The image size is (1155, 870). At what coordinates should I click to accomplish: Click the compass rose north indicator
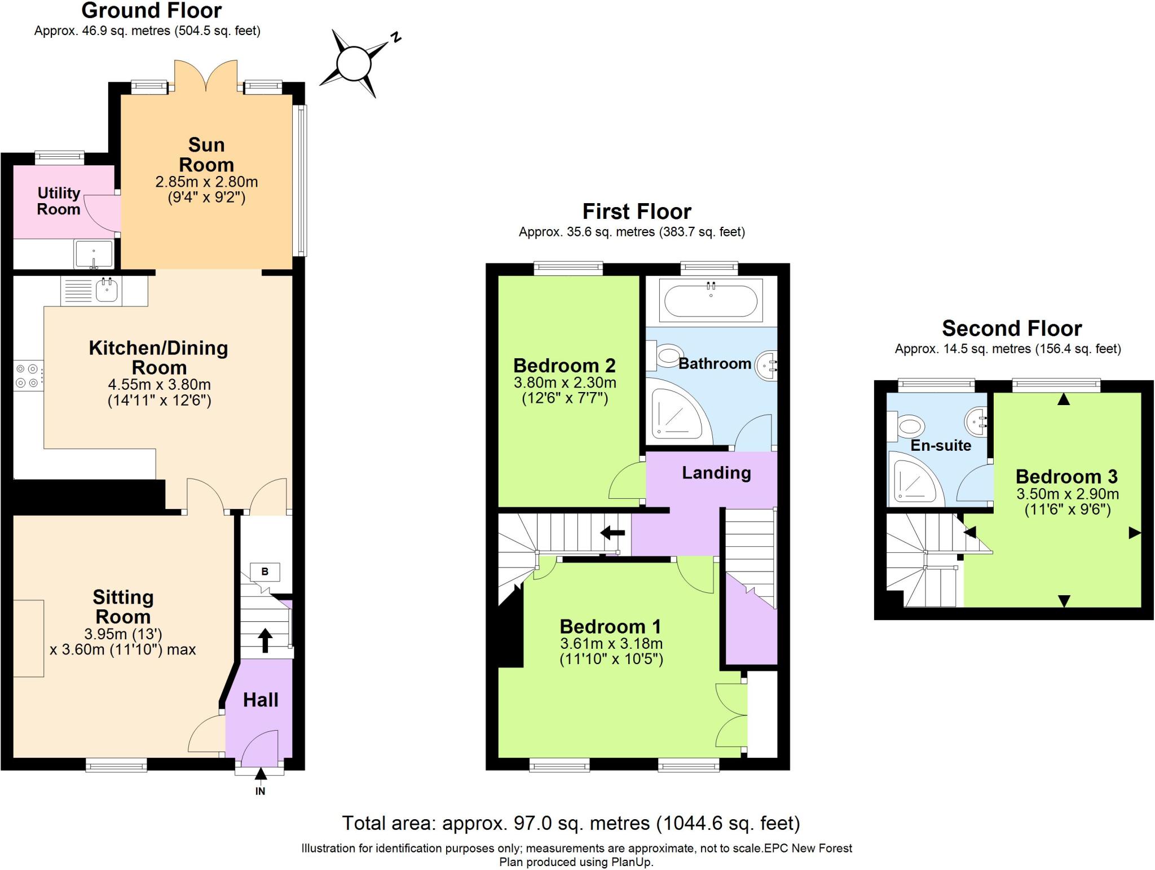[396, 38]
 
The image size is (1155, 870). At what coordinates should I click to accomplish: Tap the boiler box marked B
[264, 572]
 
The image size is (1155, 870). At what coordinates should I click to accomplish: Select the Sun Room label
[206, 155]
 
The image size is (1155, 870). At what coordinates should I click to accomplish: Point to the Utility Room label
[59, 201]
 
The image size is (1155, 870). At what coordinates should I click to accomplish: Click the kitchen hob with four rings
[28, 376]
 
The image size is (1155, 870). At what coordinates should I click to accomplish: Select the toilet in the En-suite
[909, 425]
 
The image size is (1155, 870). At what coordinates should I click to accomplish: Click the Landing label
[716, 473]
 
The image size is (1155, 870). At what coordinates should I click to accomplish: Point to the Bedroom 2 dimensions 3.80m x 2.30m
[565, 383]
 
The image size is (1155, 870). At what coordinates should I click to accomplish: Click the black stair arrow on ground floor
[265, 641]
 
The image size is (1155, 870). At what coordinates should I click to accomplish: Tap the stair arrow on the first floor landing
[612, 533]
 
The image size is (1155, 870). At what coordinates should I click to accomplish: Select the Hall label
[261, 700]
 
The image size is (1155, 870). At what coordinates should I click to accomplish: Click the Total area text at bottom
[571, 823]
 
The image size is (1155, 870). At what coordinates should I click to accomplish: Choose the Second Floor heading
[1012, 328]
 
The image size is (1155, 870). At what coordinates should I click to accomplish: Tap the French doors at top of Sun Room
[206, 76]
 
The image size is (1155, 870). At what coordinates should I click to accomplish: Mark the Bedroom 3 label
[1066, 477]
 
